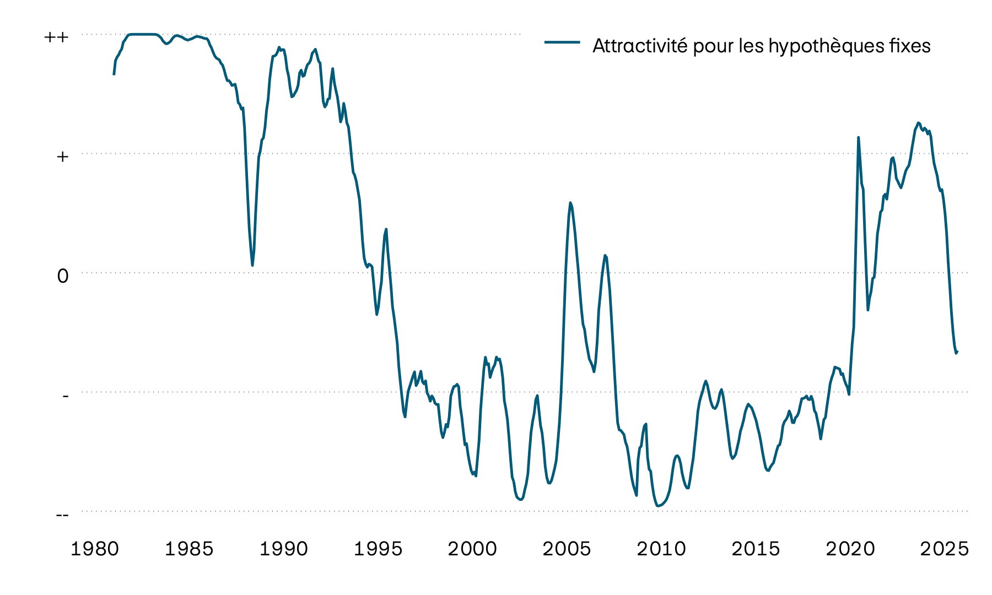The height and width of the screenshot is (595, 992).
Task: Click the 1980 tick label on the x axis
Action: (x=95, y=549)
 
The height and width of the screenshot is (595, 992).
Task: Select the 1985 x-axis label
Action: (x=189, y=549)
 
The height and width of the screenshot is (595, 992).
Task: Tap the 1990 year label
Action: (x=284, y=549)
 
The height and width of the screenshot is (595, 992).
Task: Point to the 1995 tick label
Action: (x=378, y=549)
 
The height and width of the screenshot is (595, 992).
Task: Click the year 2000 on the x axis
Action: (x=472, y=549)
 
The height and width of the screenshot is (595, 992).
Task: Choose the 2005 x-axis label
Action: (x=567, y=549)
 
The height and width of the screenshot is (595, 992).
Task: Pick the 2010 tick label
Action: (x=661, y=549)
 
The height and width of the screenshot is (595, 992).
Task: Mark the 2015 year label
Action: (x=756, y=549)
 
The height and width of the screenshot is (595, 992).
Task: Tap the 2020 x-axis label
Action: (x=850, y=549)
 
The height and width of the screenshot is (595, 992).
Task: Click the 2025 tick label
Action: (x=945, y=549)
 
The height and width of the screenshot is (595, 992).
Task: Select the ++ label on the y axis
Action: (x=57, y=37)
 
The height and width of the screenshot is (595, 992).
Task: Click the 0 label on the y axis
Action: (x=63, y=275)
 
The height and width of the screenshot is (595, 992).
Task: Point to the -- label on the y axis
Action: (x=63, y=515)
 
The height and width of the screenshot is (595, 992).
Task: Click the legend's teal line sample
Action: (x=562, y=42)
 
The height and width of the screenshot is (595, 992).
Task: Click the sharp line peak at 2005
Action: (x=570, y=203)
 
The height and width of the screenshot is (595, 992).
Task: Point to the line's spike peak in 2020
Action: (x=858, y=137)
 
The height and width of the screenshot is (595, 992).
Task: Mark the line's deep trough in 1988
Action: (x=252, y=266)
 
